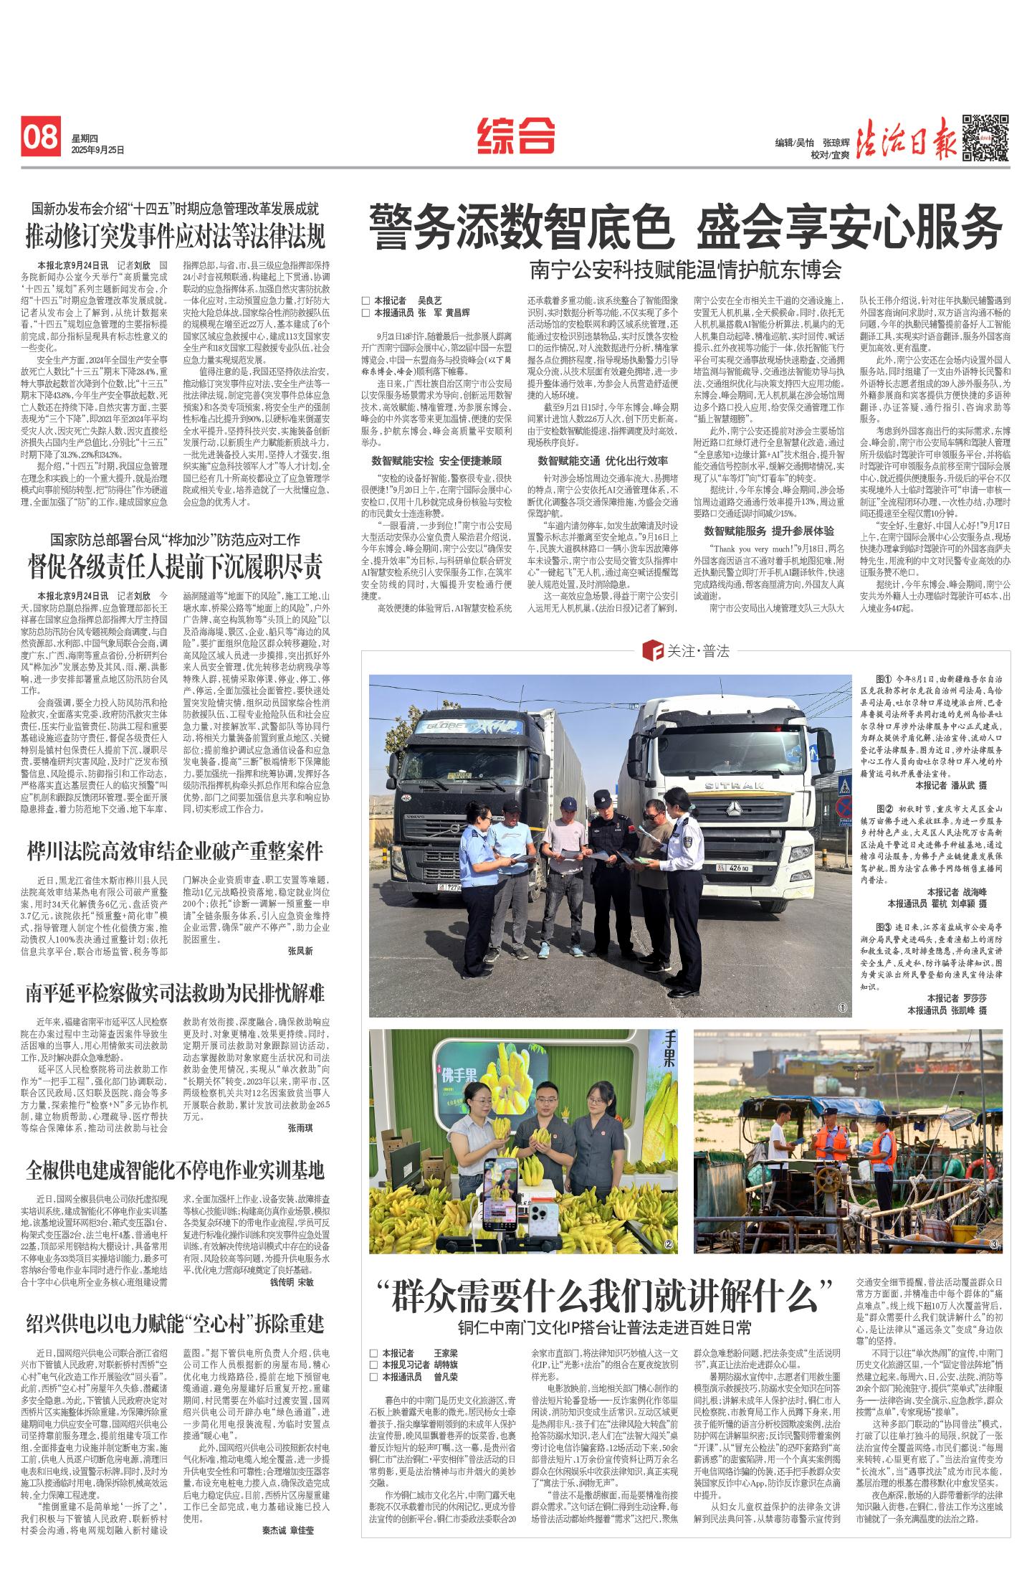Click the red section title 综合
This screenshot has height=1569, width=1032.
(516, 135)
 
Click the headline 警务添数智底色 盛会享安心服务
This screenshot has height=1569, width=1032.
(685, 227)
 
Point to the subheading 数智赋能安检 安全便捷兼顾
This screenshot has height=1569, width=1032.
(436, 460)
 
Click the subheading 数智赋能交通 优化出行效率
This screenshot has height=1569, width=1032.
(603, 460)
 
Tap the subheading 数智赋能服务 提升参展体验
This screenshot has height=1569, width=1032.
(768, 531)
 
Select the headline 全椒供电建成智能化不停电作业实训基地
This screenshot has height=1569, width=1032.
(175, 1170)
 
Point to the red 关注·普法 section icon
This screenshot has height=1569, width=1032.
(654, 651)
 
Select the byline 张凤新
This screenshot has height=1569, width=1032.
(300, 950)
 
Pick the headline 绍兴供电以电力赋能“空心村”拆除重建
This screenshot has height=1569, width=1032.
(175, 1323)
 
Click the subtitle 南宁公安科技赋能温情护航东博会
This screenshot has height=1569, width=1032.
(685, 270)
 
